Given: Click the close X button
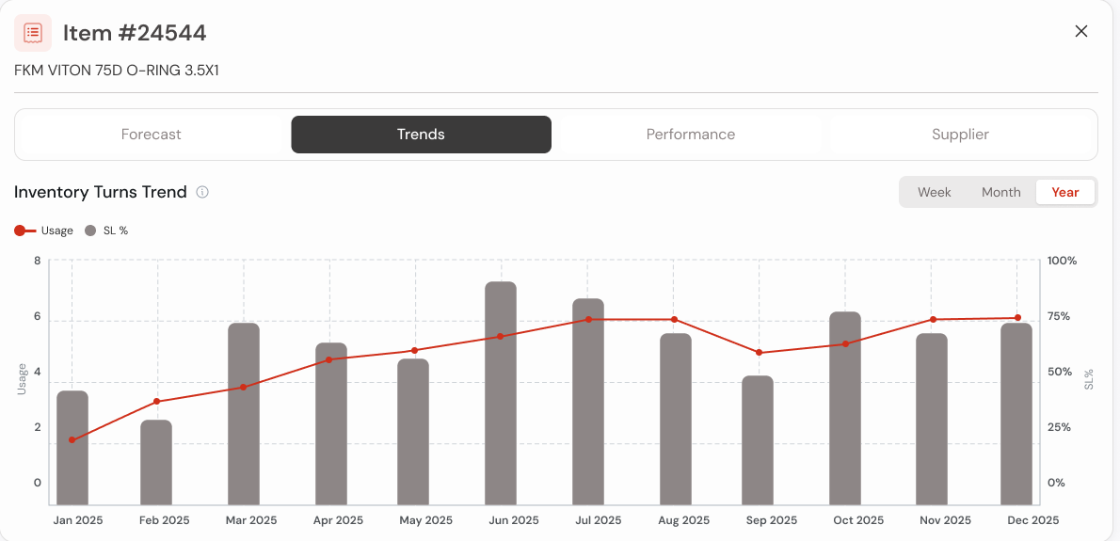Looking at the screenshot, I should click(1081, 31).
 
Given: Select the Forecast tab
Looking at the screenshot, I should click(152, 135).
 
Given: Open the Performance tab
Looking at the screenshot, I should click(690, 135).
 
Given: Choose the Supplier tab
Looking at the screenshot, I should click(960, 135).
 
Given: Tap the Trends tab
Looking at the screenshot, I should click(421, 135).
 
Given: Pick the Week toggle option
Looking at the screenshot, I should click(934, 192).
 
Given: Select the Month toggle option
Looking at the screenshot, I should click(1000, 192).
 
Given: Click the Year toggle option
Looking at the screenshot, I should click(1064, 192).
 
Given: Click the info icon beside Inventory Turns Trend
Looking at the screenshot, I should click(202, 192).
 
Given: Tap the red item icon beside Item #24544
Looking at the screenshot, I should click(33, 33).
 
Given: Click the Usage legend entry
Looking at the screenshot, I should click(44, 231).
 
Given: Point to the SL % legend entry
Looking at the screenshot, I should click(106, 231).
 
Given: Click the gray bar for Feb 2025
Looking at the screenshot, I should click(156, 462).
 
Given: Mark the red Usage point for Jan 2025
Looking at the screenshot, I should click(72, 440).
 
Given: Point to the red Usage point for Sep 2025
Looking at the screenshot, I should click(759, 353).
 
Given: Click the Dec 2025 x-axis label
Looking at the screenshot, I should click(1032, 520).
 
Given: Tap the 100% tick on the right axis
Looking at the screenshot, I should click(1062, 261).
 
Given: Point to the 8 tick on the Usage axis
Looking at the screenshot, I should click(38, 261).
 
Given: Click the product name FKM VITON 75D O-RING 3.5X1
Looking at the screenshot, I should click(117, 71).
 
